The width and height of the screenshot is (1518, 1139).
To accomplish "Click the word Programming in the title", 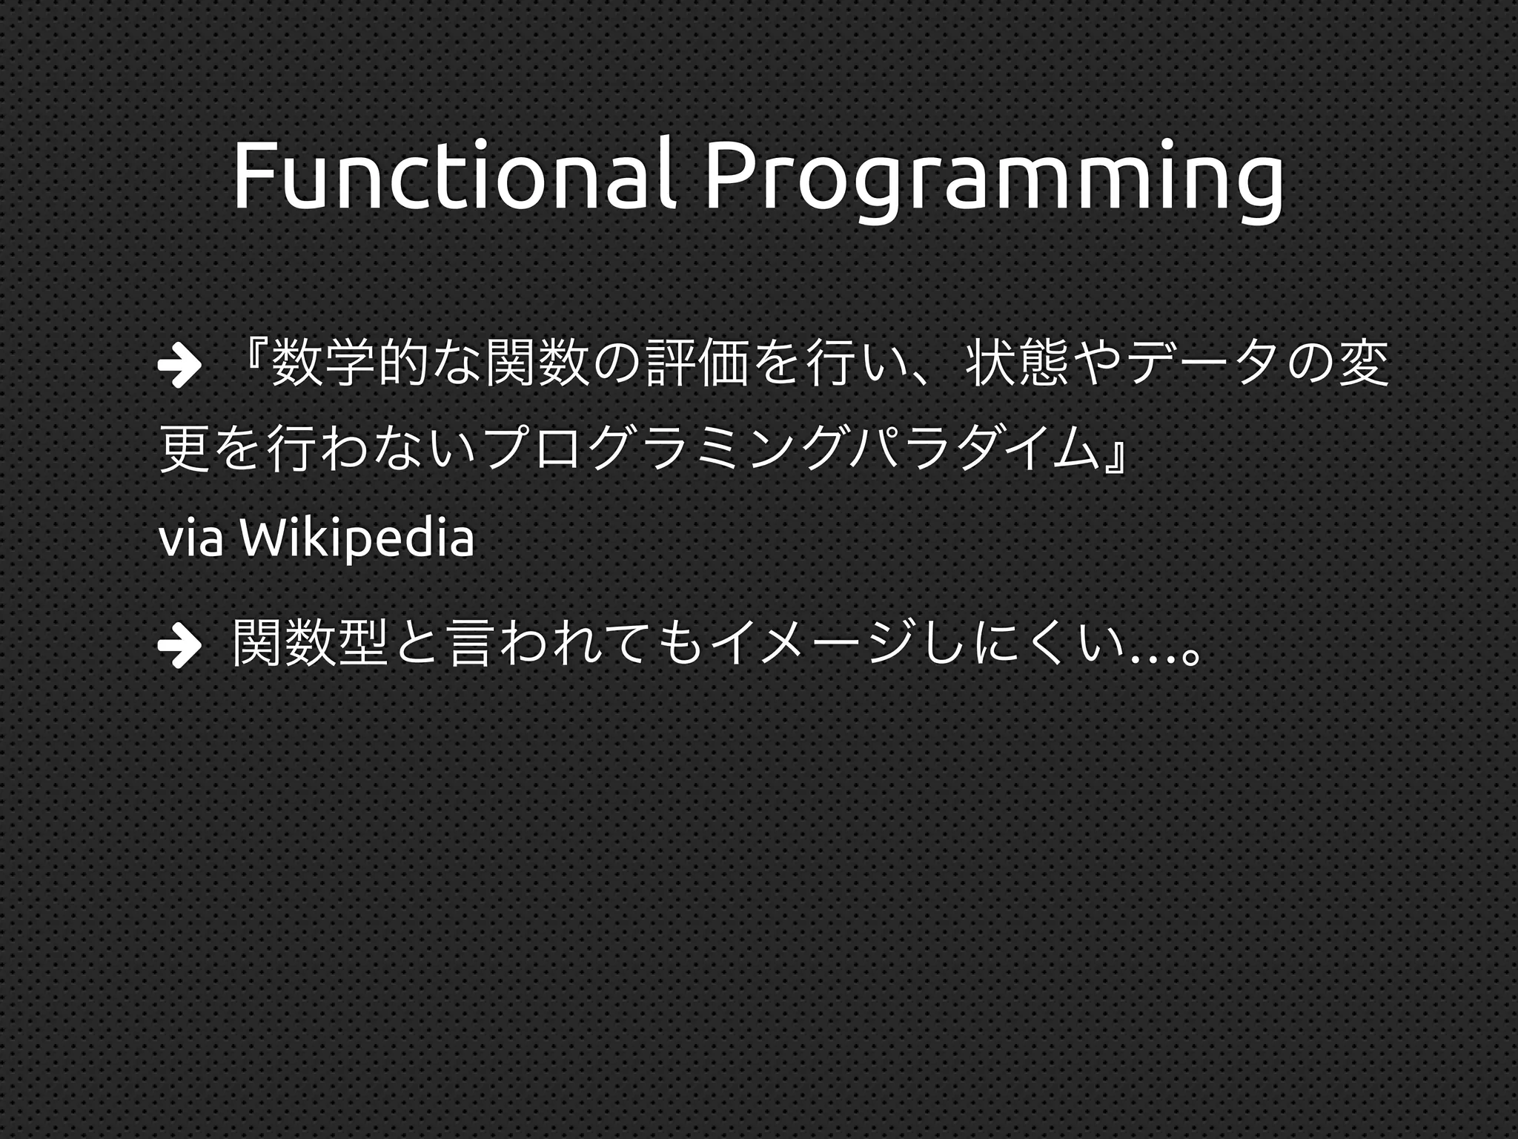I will click(994, 178).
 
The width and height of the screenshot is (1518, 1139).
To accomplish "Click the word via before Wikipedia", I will click(190, 541).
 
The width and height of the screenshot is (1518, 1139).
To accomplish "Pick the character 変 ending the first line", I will click(1365, 364).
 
